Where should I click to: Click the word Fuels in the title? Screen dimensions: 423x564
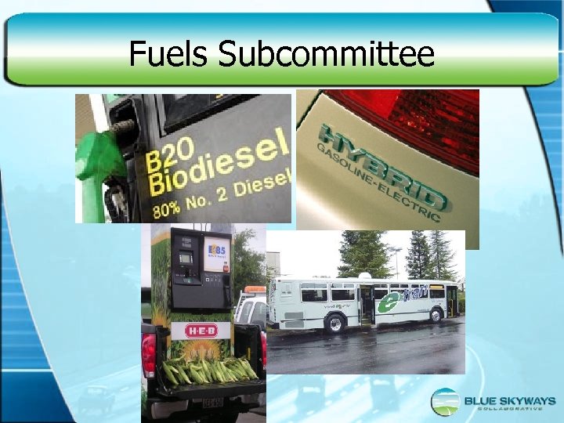coord(168,54)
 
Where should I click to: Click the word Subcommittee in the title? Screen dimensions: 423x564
coord(326,54)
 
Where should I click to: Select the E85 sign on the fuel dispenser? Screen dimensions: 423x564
coord(215,255)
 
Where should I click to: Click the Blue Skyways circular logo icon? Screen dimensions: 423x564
coord(445,402)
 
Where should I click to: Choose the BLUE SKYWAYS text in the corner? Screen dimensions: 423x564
coord(509,401)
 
